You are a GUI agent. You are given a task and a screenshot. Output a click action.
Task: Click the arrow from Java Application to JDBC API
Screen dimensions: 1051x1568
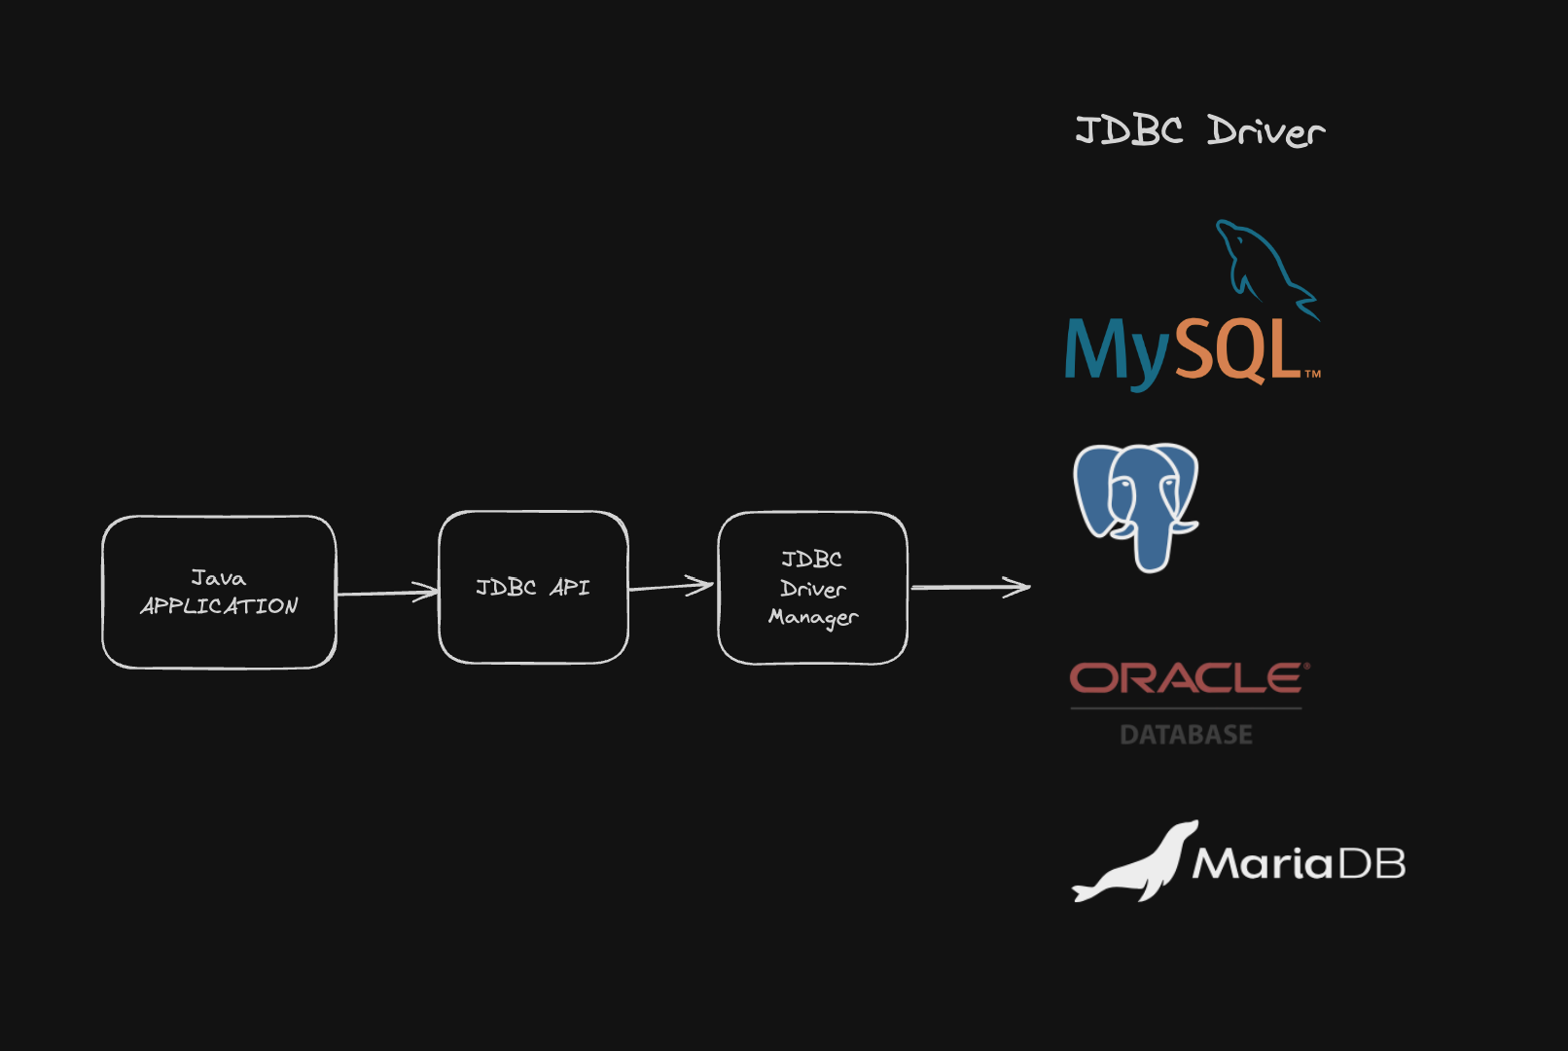(x=387, y=592)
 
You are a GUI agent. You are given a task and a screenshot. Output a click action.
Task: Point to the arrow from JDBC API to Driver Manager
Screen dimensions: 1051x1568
(x=671, y=586)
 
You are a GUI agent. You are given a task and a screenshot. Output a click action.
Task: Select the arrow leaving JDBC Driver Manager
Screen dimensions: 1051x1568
(x=970, y=587)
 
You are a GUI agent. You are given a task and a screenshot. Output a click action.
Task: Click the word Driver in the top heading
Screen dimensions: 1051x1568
(x=1265, y=131)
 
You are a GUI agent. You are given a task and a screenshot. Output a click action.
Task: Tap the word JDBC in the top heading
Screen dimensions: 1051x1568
(x=1128, y=129)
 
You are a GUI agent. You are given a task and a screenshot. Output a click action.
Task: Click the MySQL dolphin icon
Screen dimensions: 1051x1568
(x=1263, y=265)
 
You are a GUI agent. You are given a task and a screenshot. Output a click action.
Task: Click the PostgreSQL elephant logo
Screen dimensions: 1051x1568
(x=1136, y=504)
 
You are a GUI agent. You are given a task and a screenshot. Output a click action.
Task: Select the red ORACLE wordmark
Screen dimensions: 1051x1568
(x=1189, y=678)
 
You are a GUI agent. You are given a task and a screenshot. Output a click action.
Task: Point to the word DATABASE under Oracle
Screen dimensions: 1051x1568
(x=1186, y=735)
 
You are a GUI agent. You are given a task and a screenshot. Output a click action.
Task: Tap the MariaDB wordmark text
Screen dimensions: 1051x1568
(x=1300, y=863)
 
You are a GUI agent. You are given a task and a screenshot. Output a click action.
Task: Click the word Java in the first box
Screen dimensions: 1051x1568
(x=219, y=578)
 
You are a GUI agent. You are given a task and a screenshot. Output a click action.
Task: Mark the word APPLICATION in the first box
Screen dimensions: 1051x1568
(x=219, y=606)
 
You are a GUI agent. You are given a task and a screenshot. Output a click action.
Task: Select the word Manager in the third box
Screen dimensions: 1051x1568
(x=813, y=617)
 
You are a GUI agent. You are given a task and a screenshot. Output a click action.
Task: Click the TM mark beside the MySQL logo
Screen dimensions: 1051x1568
(x=1312, y=374)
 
